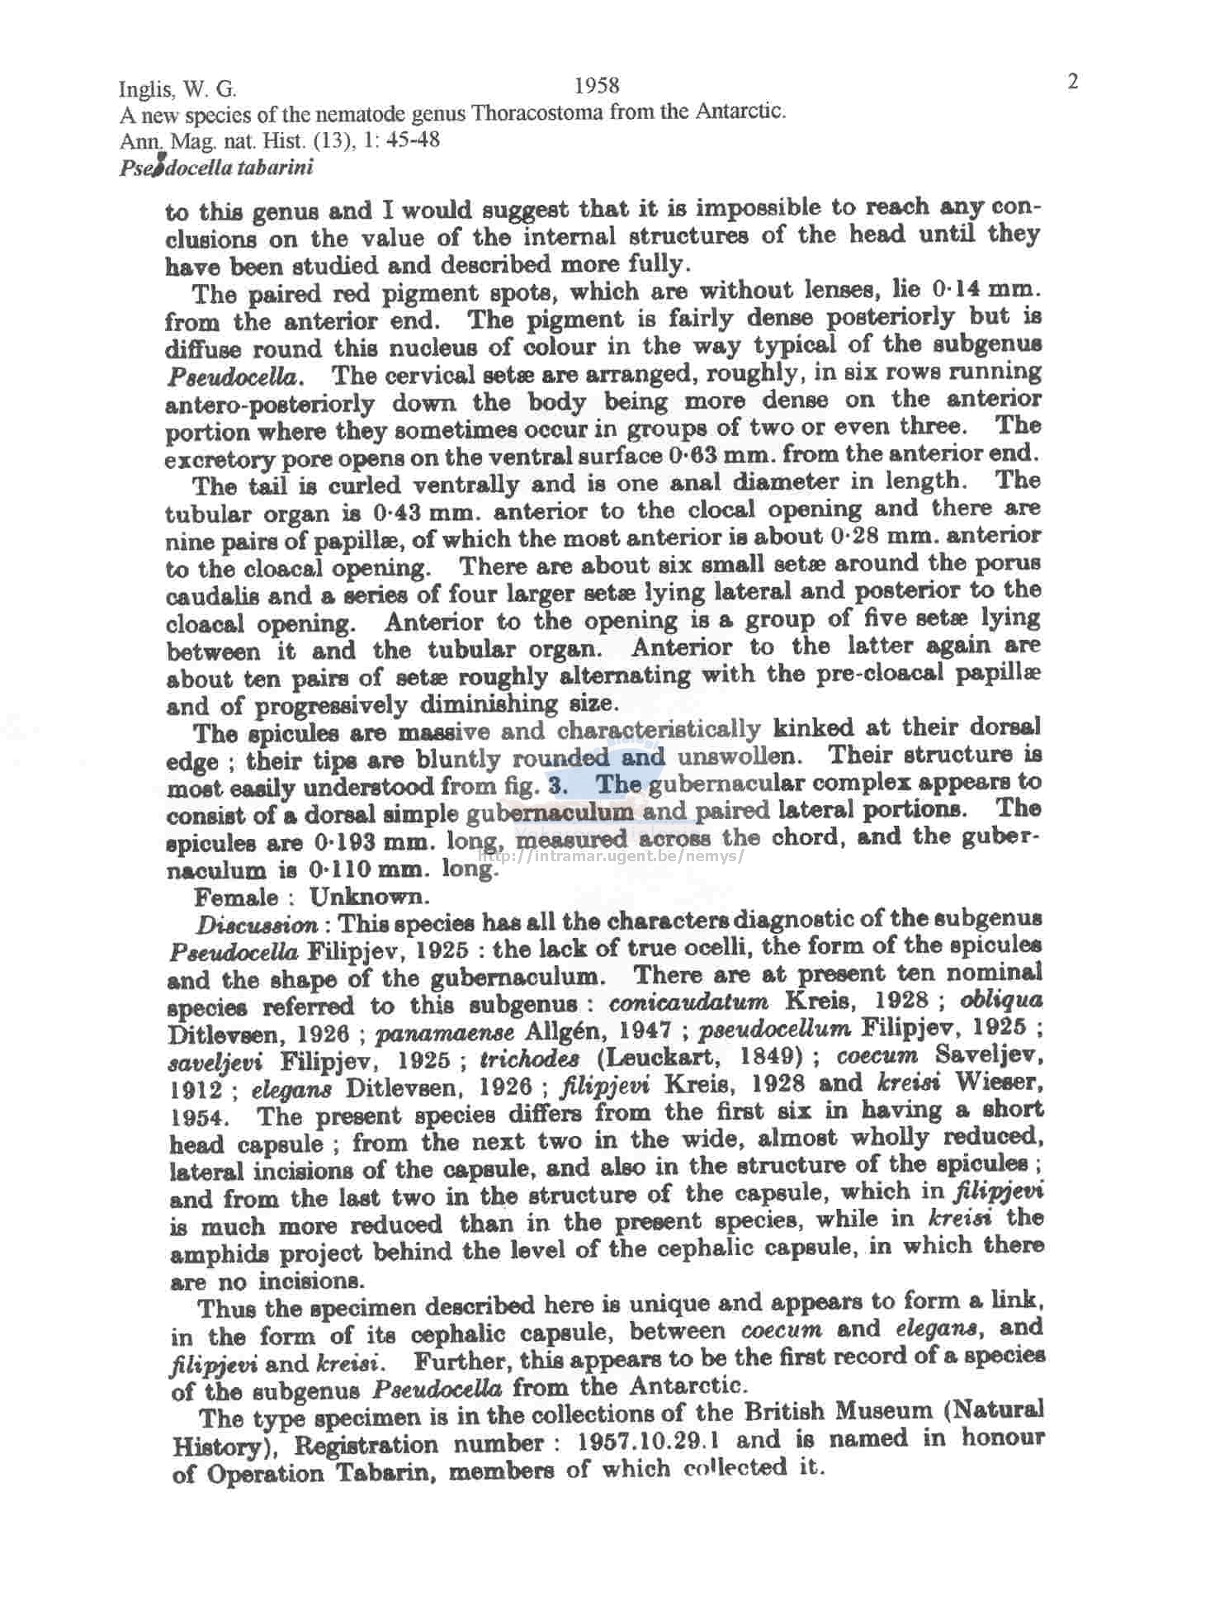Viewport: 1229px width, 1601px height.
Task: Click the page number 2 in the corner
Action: tap(1073, 82)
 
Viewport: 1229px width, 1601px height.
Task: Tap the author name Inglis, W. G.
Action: tap(177, 89)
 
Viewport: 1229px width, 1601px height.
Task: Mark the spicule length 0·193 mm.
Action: tap(376, 843)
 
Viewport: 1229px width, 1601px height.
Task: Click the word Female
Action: tap(237, 897)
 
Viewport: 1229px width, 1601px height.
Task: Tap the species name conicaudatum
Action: tap(688, 1002)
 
